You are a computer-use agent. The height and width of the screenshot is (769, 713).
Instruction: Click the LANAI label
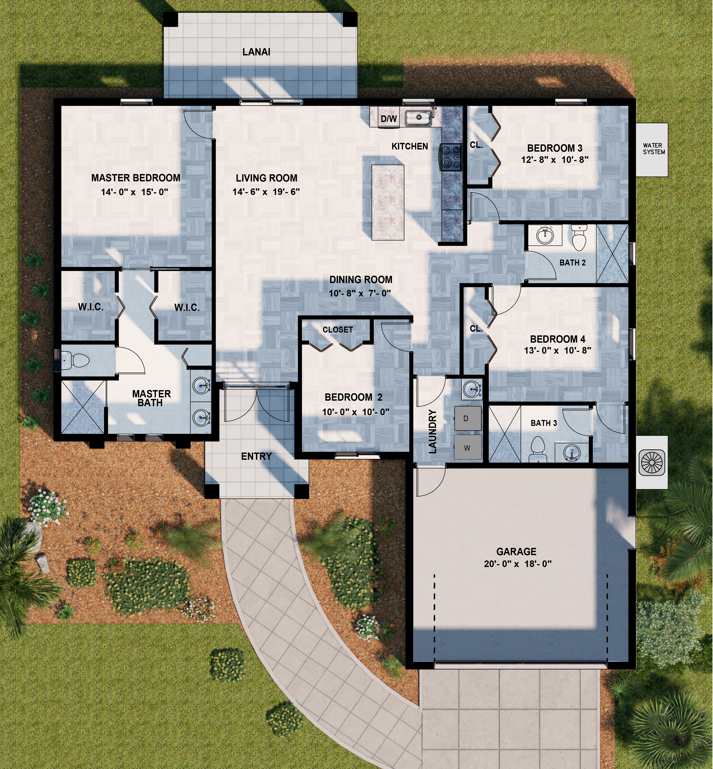tap(256, 52)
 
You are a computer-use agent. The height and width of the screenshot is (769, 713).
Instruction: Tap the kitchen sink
tap(418, 118)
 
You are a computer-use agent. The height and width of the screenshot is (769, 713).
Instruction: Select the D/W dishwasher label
tap(389, 119)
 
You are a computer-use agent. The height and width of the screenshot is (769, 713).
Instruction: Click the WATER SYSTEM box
tap(652, 150)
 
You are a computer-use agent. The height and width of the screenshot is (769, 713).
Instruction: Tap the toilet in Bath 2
tap(579, 238)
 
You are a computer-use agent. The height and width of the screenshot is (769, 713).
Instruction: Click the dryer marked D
tap(468, 418)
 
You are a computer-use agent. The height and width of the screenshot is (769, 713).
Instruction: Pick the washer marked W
tap(468, 447)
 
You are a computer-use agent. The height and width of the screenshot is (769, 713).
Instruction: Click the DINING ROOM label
tap(361, 280)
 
